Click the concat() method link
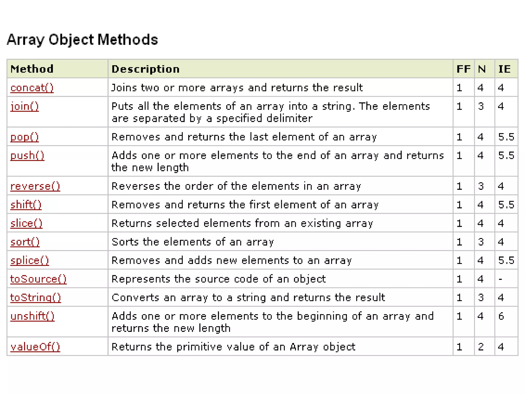pos(32,88)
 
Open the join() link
pos(25,106)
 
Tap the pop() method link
pos(25,137)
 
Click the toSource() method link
pos(38,279)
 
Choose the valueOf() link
pos(35,347)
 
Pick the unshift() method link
pos(32,316)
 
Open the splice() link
pos(29,261)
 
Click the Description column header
pos(146,69)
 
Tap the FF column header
pos(463,69)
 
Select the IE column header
pos(504,69)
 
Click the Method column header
pos(32,69)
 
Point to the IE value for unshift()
pos(501,316)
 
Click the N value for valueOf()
pos(481,347)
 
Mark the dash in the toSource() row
pos(500,279)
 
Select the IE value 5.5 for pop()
pos(506,137)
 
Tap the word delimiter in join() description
pos(289,119)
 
